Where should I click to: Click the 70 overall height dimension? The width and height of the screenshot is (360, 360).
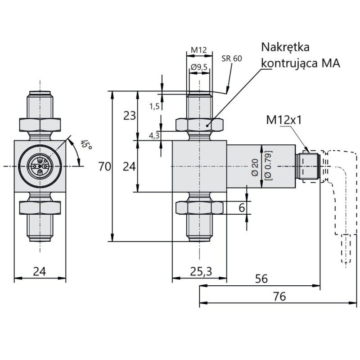(104, 166)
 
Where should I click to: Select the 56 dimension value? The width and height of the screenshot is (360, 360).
(261, 279)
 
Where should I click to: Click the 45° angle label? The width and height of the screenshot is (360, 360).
(85, 145)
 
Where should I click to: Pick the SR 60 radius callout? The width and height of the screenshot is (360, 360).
(232, 58)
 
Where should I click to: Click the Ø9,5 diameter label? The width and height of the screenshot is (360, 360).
(198, 67)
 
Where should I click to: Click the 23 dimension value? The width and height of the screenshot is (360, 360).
(130, 116)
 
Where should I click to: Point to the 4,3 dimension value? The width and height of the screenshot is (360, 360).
(154, 135)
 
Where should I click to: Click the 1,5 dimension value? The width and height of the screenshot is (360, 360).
(154, 106)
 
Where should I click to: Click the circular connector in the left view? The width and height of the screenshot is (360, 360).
(40, 166)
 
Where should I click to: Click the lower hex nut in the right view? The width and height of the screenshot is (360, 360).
(199, 207)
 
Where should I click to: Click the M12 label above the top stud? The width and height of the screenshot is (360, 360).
(198, 50)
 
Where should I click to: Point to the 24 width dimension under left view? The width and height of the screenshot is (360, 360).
(40, 271)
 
